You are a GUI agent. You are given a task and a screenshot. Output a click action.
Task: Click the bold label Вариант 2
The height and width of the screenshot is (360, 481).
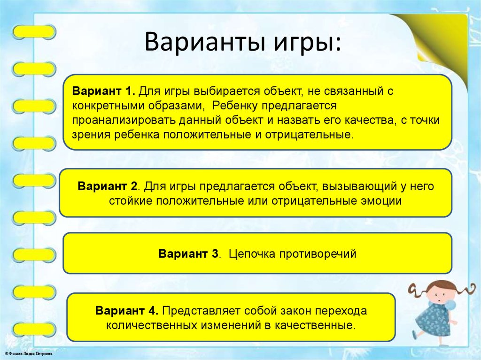click(108, 186)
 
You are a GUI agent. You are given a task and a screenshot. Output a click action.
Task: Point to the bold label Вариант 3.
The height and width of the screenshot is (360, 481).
click(189, 254)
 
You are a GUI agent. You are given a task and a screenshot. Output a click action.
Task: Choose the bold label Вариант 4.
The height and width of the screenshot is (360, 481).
click(128, 311)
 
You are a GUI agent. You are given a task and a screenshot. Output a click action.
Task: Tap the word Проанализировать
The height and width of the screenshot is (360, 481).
click(124, 120)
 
